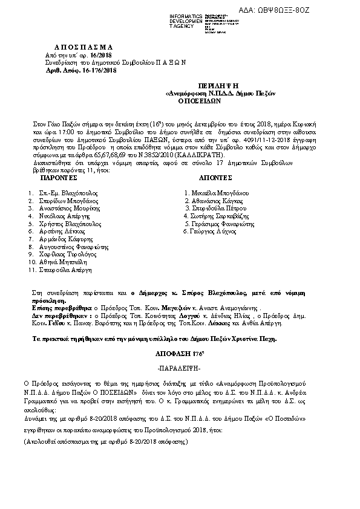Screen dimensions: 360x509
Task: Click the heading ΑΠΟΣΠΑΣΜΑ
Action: pos(80,47)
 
